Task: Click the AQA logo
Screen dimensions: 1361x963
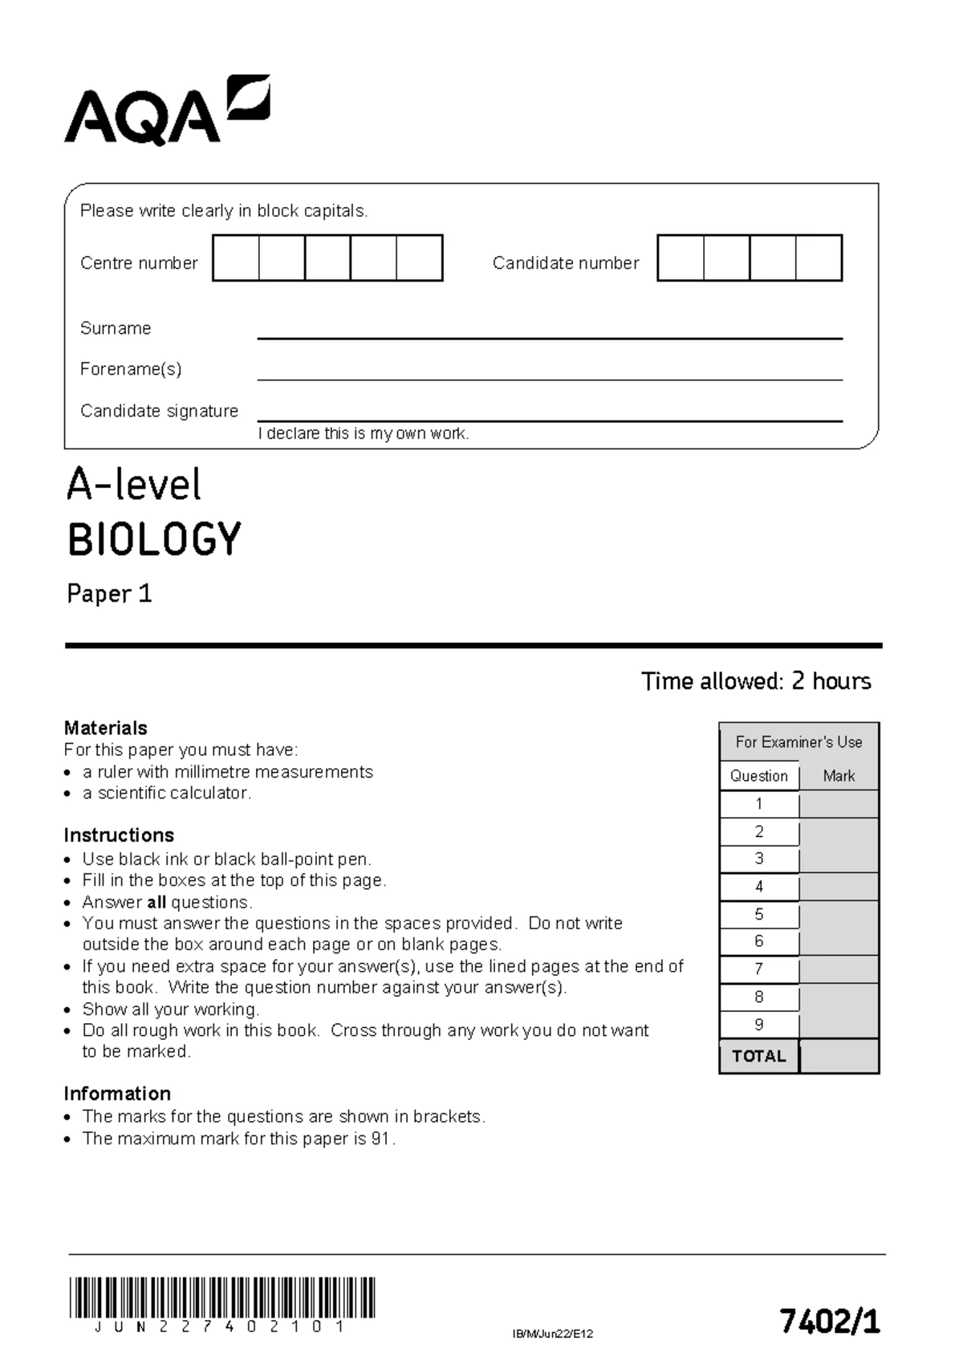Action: point(167,112)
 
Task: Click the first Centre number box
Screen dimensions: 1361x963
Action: point(236,258)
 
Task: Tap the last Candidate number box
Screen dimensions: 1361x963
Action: point(819,258)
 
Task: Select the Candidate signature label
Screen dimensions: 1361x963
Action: point(159,411)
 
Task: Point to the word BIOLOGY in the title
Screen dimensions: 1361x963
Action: point(154,539)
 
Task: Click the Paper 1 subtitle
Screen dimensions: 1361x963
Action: point(109,594)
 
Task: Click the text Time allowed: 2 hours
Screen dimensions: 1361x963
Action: point(756,681)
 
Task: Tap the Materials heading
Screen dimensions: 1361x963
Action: point(106,728)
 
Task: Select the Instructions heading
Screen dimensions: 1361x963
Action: point(119,835)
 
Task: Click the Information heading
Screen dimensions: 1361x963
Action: point(117,1094)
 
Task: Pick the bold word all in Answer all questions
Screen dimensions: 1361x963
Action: point(156,902)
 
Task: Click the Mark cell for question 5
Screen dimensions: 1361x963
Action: point(839,915)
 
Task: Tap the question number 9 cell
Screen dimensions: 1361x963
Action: point(759,1025)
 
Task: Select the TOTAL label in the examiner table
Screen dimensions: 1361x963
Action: point(759,1056)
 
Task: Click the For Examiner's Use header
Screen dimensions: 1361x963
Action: point(798,742)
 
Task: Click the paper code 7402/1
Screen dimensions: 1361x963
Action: point(830,1321)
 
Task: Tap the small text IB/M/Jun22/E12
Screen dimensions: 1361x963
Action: point(552,1334)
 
